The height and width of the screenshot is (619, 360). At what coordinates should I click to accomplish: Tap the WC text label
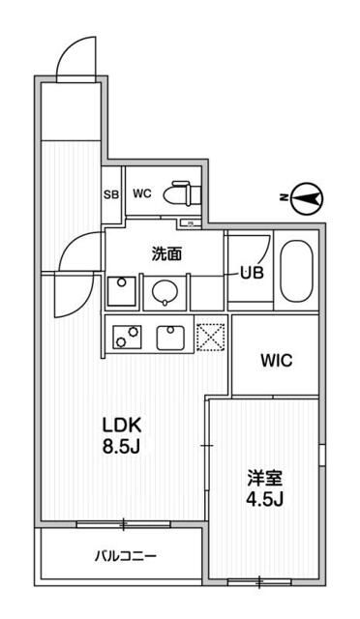142,192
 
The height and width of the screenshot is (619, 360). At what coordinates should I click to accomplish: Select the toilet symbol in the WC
179,193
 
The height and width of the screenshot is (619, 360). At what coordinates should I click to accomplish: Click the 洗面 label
167,254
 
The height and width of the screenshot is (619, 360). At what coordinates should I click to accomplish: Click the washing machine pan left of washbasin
122,291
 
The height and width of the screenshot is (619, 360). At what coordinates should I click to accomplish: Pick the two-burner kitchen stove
125,337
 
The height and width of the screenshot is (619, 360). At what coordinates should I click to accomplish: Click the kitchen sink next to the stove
170,337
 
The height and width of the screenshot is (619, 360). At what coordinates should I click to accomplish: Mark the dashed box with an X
210,336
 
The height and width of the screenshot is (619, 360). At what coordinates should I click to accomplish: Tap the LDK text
124,424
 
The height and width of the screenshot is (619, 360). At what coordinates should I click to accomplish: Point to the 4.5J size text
262,500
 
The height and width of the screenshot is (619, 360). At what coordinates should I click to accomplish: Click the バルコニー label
124,555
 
